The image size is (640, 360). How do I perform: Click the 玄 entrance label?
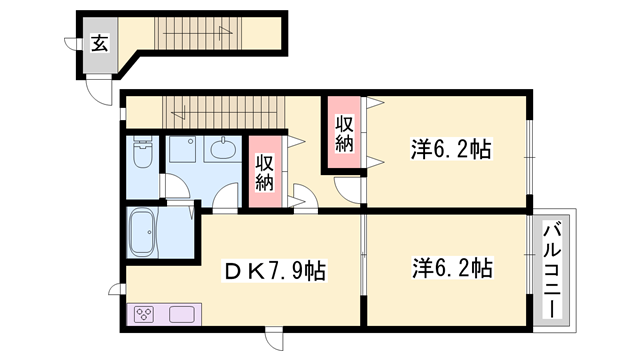[100, 42]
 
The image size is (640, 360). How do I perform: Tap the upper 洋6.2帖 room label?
[451, 151]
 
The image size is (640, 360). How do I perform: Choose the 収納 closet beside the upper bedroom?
[343, 134]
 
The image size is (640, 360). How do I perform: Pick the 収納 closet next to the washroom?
[264, 173]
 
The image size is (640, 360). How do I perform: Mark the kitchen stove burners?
[144, 316]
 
